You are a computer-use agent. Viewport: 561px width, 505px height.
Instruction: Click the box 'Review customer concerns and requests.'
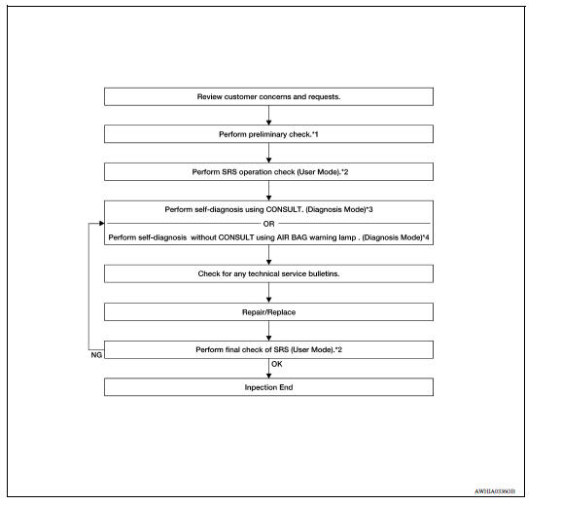268,97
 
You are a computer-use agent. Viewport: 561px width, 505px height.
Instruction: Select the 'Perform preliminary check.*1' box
268,134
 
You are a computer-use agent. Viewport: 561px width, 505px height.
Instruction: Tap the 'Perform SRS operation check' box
268,171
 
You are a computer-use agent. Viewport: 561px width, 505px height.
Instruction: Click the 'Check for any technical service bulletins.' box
268,273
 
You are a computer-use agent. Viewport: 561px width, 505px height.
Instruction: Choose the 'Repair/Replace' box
268,311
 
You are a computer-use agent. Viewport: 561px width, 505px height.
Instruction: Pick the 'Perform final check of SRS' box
268,348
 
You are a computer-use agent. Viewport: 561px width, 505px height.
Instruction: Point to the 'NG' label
94,357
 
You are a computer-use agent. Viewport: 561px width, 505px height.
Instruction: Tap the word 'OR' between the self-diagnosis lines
269,222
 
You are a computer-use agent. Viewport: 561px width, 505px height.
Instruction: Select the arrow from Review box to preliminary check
268,116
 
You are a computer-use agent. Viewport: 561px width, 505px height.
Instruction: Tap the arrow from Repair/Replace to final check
268,330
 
